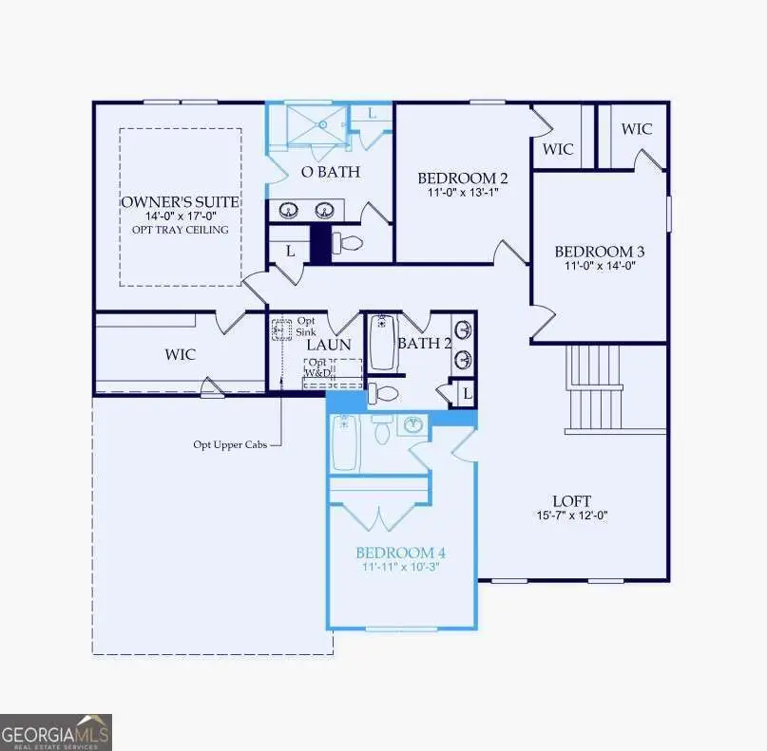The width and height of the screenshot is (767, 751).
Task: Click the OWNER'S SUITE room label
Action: coord(180,202)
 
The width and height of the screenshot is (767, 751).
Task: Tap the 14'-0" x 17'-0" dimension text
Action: coord(180,216)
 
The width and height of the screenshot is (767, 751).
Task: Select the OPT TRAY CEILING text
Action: coord(180,230)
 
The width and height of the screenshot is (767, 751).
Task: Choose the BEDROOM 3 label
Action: coord(600,252)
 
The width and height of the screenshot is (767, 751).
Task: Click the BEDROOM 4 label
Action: coord(400,553)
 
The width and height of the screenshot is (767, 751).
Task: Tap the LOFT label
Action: coord(571,500)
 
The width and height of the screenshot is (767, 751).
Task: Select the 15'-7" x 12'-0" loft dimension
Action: coord(571,516)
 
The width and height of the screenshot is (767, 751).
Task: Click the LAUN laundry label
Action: coord(328,346)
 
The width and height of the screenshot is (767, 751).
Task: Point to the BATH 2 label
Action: coord(424,343)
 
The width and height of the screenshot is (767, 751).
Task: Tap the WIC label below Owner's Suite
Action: coord(180,354)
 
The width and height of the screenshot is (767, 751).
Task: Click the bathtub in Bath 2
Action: coord(382,342)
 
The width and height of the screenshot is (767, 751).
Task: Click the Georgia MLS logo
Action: coord(56,732)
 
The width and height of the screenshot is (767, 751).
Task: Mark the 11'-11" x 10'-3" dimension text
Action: coord(400,567)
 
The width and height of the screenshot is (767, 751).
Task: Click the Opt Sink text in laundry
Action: coord(306,327)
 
